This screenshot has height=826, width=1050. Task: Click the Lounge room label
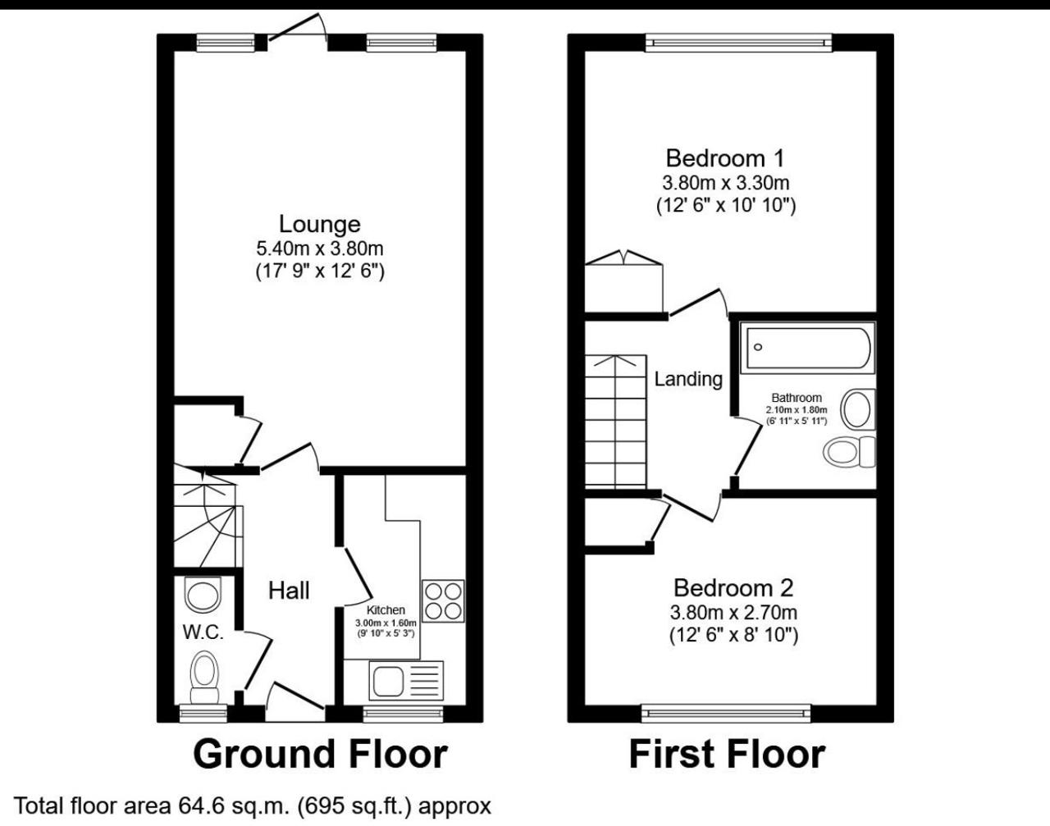[320, 225]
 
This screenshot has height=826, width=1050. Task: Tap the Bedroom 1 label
[725, 158]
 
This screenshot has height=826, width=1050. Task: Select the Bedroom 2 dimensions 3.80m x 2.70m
[733, 612]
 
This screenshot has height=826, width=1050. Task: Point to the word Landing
[688, 379]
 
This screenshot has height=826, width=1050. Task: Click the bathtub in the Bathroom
[807, 347]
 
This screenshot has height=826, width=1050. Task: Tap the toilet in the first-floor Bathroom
[849, 452]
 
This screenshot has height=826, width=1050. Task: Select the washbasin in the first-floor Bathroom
[857, 409]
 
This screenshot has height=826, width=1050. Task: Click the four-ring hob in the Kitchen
[443, 601]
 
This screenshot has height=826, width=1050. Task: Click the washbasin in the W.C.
[203, 594]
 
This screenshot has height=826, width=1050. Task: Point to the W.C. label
[203, 632]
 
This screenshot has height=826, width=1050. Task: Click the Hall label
[289, 591]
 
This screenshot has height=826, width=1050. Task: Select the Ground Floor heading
[320, 755]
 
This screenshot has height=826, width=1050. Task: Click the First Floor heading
[727, 755]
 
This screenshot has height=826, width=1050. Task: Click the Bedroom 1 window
[739, 43]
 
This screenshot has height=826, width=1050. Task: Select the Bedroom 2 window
[725, 714]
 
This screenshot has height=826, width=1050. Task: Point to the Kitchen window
[403, 714]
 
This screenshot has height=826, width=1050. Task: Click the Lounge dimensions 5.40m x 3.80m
[320, 249]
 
